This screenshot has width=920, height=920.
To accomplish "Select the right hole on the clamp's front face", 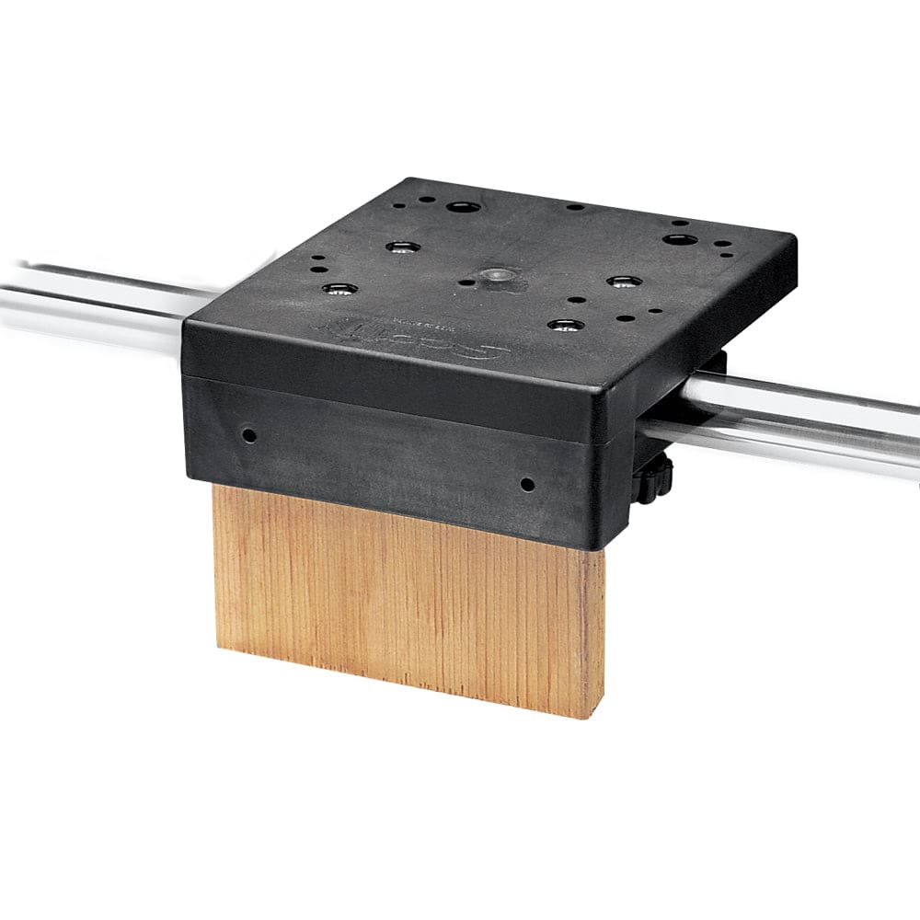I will [526, 483].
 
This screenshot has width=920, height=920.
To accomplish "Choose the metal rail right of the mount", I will [810, 414].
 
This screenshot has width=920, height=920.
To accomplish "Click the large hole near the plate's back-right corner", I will [680, 239].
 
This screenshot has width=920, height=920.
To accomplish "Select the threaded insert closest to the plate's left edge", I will [339, 289].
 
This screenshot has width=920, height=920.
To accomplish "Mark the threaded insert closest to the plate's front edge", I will [564, 325].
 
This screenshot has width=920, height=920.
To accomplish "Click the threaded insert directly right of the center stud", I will [623, 281].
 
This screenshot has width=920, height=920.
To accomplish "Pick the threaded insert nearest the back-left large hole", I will [403, 247].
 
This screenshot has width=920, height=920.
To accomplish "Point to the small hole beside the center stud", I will [466, 282].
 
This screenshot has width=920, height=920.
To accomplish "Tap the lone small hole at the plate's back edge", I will [574, 207].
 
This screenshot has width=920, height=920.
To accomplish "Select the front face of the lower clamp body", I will [386, 451].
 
